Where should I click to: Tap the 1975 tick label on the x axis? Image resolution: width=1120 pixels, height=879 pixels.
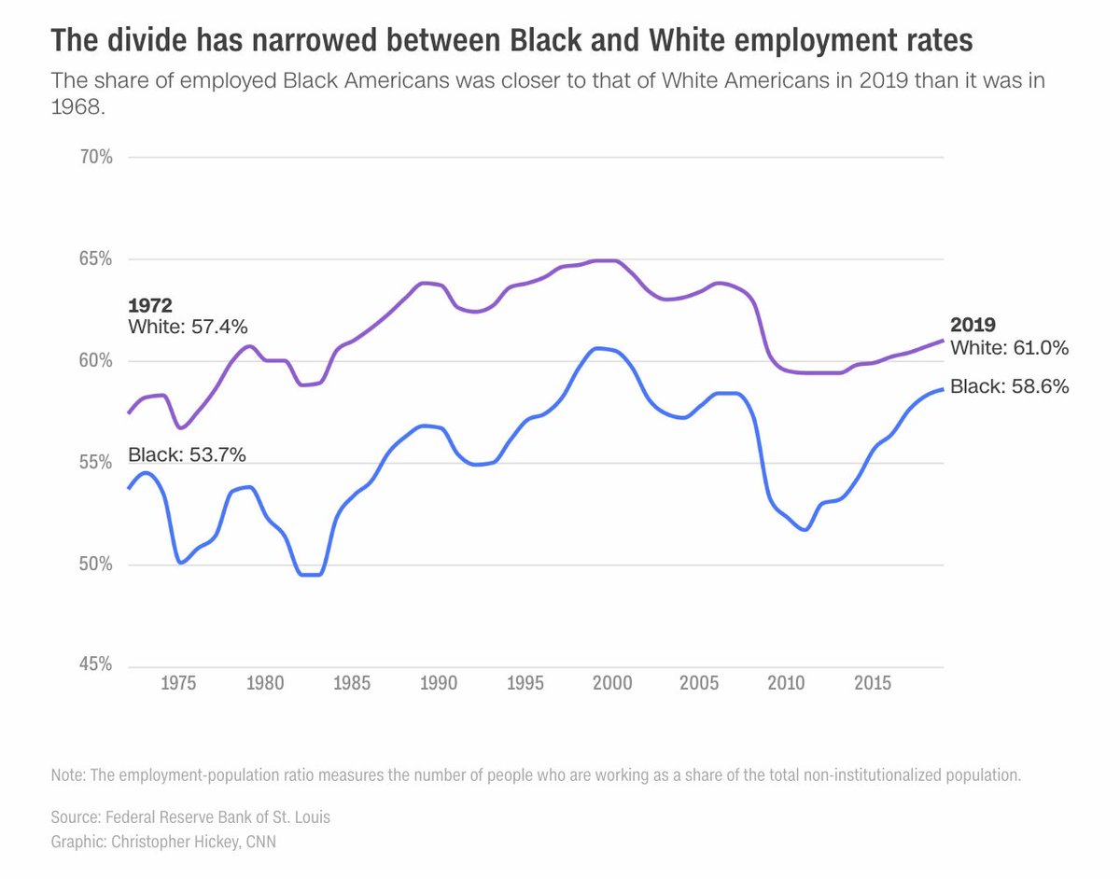pyautogui.click(x=178, y=683)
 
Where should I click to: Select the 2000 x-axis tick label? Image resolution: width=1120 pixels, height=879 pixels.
pyautogui.click(x=612, y=683)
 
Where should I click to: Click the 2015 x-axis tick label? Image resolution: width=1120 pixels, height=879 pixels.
pyautogui.click(x=873, y=683)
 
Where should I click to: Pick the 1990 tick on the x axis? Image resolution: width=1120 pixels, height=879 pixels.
pyautogui.click(x=439, y=683)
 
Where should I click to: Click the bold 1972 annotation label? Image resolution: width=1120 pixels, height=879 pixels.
pyautogui.click(x=150, y=305)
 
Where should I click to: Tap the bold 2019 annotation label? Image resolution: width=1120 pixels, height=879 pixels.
pyautogui.click(x=973, y=325)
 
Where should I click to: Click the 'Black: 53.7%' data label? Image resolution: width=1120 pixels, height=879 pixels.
pyautogui.click(x=187, y=455)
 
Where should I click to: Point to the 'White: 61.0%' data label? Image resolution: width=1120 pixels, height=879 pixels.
pyautogui.click(x=1009, y=348)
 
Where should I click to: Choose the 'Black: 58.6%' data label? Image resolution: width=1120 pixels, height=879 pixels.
pyautogui.click(x=1009, y=386)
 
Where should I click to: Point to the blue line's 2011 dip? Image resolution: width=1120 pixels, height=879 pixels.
pyautogui.click(x=805, y=530)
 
